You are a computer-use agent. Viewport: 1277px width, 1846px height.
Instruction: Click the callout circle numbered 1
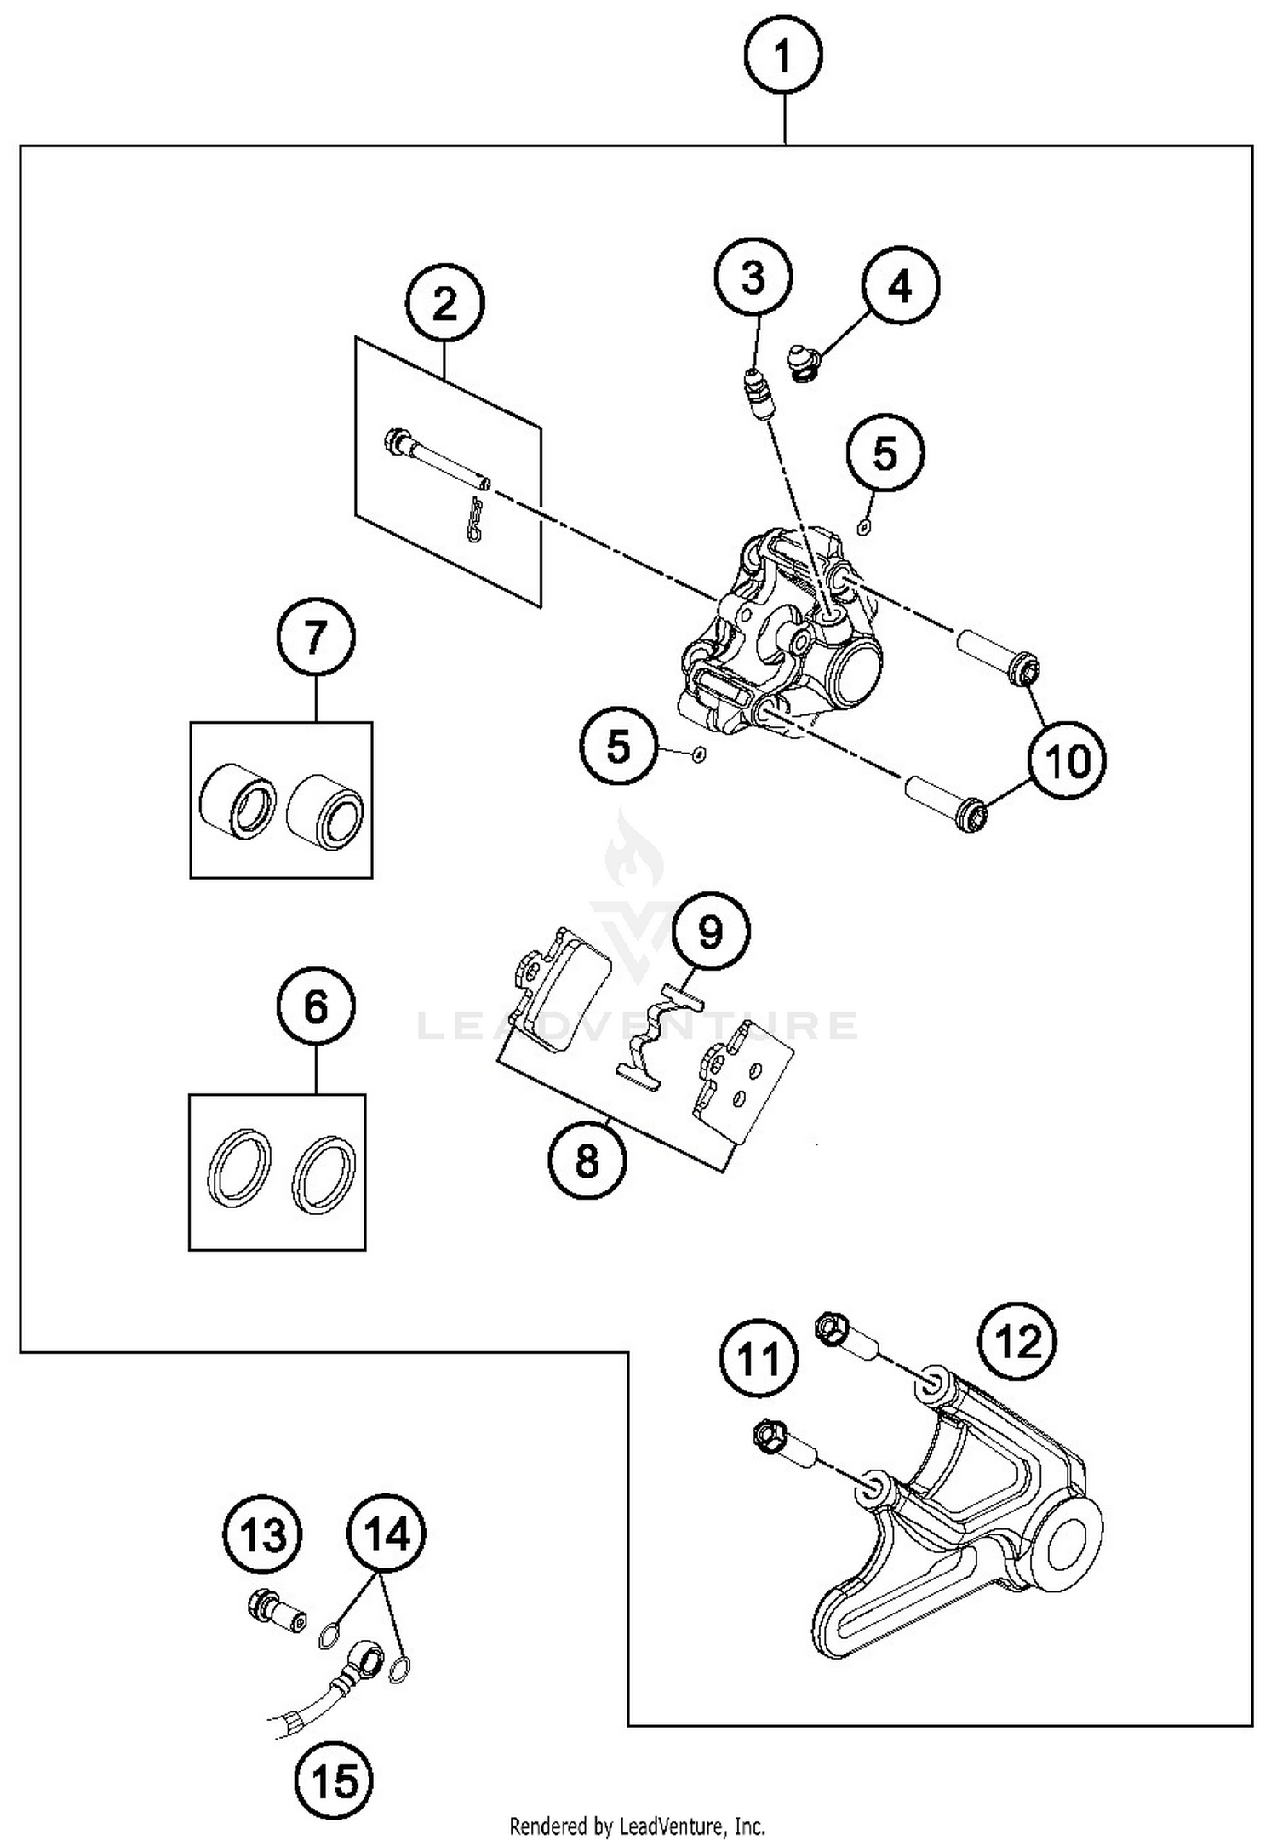click(782, 57)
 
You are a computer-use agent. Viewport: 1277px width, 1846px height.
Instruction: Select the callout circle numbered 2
click(445, 304)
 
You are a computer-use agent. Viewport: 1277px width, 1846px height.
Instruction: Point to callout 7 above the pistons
click(315, 637)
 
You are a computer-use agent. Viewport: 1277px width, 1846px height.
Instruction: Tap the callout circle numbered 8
click(587, 1161)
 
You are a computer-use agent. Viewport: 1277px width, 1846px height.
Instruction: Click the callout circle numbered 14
click(386, 1535)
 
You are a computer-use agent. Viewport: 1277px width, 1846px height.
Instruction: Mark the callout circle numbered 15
click(335, 1780)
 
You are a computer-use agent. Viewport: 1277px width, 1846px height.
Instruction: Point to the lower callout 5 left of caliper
click(618, 747)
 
